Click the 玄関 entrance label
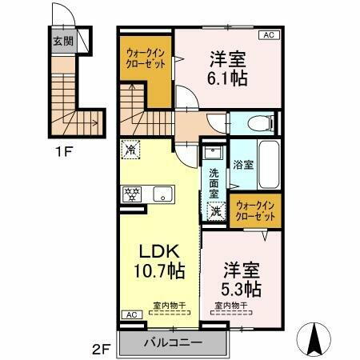(x=63, y=42)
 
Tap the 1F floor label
(x=61, y=149)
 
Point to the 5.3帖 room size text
(x=240, y=288)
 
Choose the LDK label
(x=159, y=250)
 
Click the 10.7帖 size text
(x=159, y=270)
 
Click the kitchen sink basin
(x=162, y=193)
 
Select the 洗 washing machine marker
(x=216, y=211)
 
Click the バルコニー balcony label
(x=174, y=342)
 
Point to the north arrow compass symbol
(x=314, y=336)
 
